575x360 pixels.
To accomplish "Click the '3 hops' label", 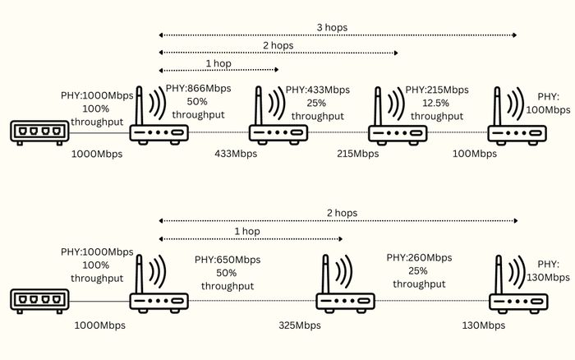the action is (332, 27).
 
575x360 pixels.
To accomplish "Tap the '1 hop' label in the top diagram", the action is (218, 63).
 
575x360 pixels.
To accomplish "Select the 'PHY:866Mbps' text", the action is (199, 89).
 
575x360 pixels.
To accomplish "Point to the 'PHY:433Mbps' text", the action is (318, 90).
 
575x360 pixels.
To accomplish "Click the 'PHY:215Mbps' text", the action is (437, 90).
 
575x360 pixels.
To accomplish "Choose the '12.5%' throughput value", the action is (435, 103).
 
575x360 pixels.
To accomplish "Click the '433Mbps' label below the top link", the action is (236, 154).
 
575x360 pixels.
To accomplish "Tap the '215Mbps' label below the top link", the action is (357, 154).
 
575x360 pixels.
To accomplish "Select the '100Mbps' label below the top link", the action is (475, 154).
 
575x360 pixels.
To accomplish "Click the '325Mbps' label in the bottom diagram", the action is (300, 325).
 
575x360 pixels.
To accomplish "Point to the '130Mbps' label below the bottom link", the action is (483, 325).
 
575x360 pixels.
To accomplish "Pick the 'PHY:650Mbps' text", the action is (228, 260).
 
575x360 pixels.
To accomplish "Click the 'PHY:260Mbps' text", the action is (419, 257).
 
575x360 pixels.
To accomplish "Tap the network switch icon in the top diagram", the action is (39, 132).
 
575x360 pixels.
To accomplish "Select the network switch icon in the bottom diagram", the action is (39, 302).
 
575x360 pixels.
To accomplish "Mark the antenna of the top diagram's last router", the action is (497, 106).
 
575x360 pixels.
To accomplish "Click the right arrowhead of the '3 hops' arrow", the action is (514, 35).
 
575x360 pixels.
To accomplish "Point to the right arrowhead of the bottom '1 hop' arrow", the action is (340, 239).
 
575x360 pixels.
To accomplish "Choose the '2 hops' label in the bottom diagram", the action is (343, 213).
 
